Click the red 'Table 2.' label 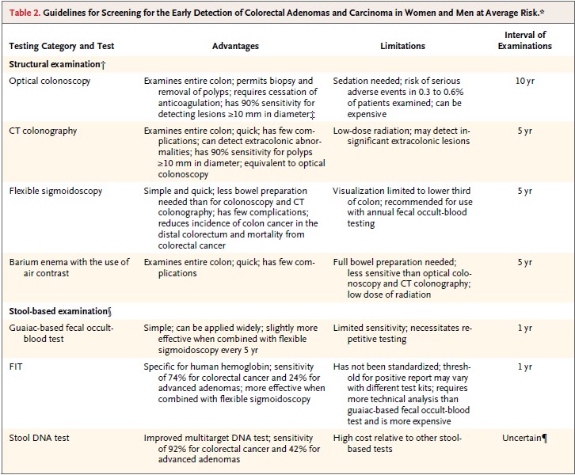(25, 13)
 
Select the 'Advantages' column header (235, 46)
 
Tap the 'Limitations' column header (402, 46)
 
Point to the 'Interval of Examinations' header (525, 40)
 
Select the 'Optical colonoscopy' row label (50, 81)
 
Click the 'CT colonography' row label (43, 131)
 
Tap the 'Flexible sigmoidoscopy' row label (55, 191)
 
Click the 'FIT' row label (16, 367)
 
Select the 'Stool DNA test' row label (40, 438)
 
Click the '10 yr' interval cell (525, 81)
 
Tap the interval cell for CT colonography (525, 131)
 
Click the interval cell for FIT (525, 367)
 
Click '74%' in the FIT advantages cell (177, 378)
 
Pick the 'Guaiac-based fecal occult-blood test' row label (61, 333)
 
